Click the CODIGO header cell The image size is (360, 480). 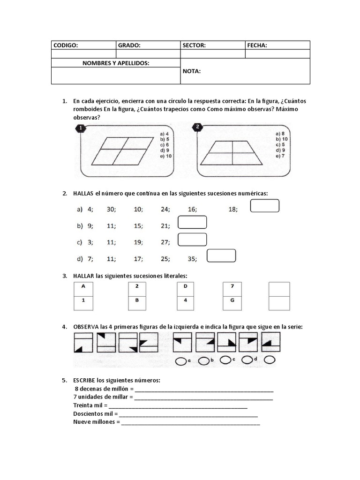click(x=83, y=45)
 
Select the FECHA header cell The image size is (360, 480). click(x=277, y=45)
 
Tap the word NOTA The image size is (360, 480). click(x=192, y=71)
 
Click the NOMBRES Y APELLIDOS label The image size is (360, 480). click(x=116, y=63)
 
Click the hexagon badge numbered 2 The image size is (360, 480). click(x=198, y=127)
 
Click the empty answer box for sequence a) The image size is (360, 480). click(x=265, y=206)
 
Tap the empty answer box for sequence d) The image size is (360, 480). click(x=221, y=255)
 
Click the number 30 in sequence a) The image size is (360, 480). click(x=111, y=210)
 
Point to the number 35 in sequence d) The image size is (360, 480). click(x=192, y=258)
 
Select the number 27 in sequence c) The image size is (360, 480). click(x=165, y=242)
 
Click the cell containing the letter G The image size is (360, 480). click(x=232, y=300)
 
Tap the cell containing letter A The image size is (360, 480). click(x=83, y=285)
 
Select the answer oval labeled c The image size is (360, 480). click(x=225, y=360)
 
